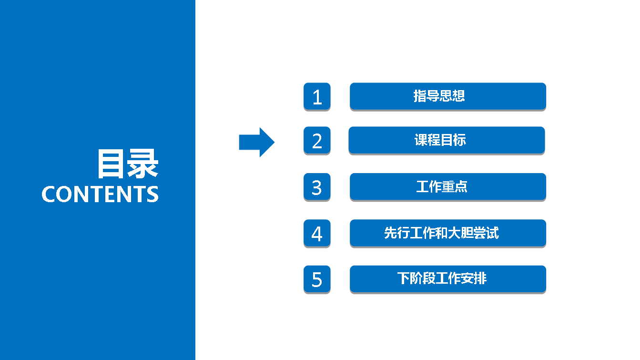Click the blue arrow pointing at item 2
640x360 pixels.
click(256, 142)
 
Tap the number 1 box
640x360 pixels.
click(317, 96)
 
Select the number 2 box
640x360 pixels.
click(317, 140)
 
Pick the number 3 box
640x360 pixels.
click(317, 187)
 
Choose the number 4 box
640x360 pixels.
click(317, 233)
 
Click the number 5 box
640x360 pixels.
click(317, 279)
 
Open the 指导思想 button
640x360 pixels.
click(448, 96)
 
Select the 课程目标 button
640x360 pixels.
click(447, 140)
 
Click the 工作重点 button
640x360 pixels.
click(448, 187)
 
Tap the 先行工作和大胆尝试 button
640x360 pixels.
click(448, 233)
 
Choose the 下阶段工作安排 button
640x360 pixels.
click(448, 279)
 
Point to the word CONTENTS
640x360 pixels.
click(100, 194)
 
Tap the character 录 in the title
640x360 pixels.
click(142, 164)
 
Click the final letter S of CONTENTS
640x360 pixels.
click(153, 194)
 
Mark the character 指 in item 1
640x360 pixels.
click(420, 96)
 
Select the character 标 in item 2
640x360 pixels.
click(460, 140)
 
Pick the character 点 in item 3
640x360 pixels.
click(461, 186)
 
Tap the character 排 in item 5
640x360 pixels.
click(480, 278)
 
